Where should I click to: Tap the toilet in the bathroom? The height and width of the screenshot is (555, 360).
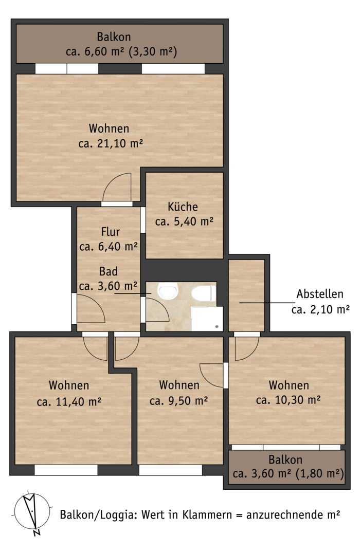pyautogui.click(x=203, y=293)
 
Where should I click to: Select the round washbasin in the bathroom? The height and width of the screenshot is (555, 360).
pyautogui.click(x=168, y=290)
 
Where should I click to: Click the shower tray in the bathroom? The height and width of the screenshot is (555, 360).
pyautogui.click(x=207, y=319)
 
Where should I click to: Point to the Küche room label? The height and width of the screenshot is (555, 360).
pyautogui.click(x=183, y=207)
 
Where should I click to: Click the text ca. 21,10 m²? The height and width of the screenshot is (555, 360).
pyautogui.click(x=111, y=144)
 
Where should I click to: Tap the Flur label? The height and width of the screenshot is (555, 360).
pyautogui.click(x=110, y=232)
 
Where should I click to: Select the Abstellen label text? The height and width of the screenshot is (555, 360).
pyautogui.click(x=320, y=294)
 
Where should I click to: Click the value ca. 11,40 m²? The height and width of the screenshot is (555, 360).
pyautogui.click(x=69, y=402)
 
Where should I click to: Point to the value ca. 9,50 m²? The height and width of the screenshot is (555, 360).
pyautogui.click(x=178, y=401)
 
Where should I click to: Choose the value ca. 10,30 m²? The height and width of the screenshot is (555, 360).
pyautogui.click(x=289, y=400)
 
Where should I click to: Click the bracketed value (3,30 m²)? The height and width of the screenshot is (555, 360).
pyautogui.click(x=153, y=52)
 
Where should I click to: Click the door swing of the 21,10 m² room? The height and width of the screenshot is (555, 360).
pyautogui.click(x=117, y=187)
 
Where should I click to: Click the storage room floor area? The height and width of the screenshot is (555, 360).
pyautogui.click(x=247, y=295)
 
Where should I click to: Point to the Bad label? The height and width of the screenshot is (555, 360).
pyautogui.click(x=108, y=271)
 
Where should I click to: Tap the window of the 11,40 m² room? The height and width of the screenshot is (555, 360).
pyautogui.click(x=66, y=470)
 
